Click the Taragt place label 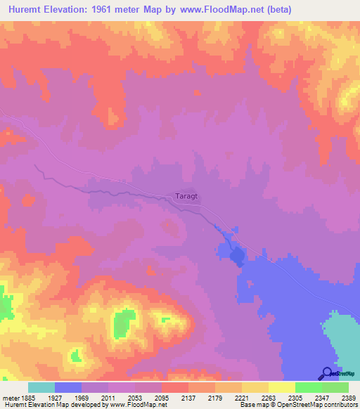coord(186,197)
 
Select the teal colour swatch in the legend coord(41,387)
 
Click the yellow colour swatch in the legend coord(282,387)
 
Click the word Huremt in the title coord(27,9)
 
